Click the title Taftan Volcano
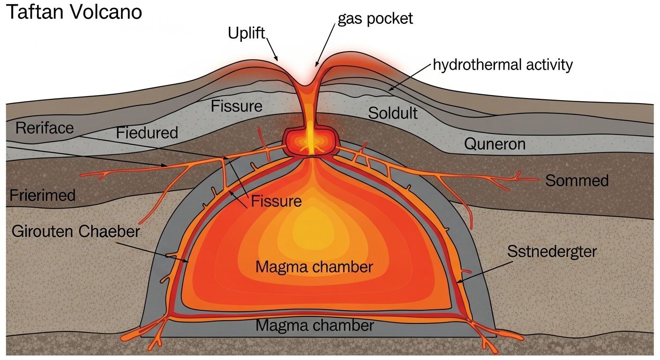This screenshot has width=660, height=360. coord(73,13)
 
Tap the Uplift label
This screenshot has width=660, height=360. coord(247,33)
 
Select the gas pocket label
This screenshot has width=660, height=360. coord(375,18)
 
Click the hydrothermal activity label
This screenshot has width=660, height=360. coord(502,65)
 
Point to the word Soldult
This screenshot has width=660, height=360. coord(392,113)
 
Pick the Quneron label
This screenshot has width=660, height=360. coord(495,144)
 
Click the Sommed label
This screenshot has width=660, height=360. coord(577,180)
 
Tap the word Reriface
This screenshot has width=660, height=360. coord(45,128)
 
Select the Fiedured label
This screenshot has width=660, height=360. coord(147,133)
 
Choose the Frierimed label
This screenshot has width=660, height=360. coord(42,195)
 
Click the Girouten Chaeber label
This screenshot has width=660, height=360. coord(76,232)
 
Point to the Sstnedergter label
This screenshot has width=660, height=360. coord(552,252)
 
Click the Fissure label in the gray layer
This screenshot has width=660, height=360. coord(236,106)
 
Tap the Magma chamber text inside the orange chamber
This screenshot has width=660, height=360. coord(314,267)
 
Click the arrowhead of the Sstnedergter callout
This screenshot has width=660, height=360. coord(458,282)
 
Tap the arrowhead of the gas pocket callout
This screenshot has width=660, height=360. coord(316,65)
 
